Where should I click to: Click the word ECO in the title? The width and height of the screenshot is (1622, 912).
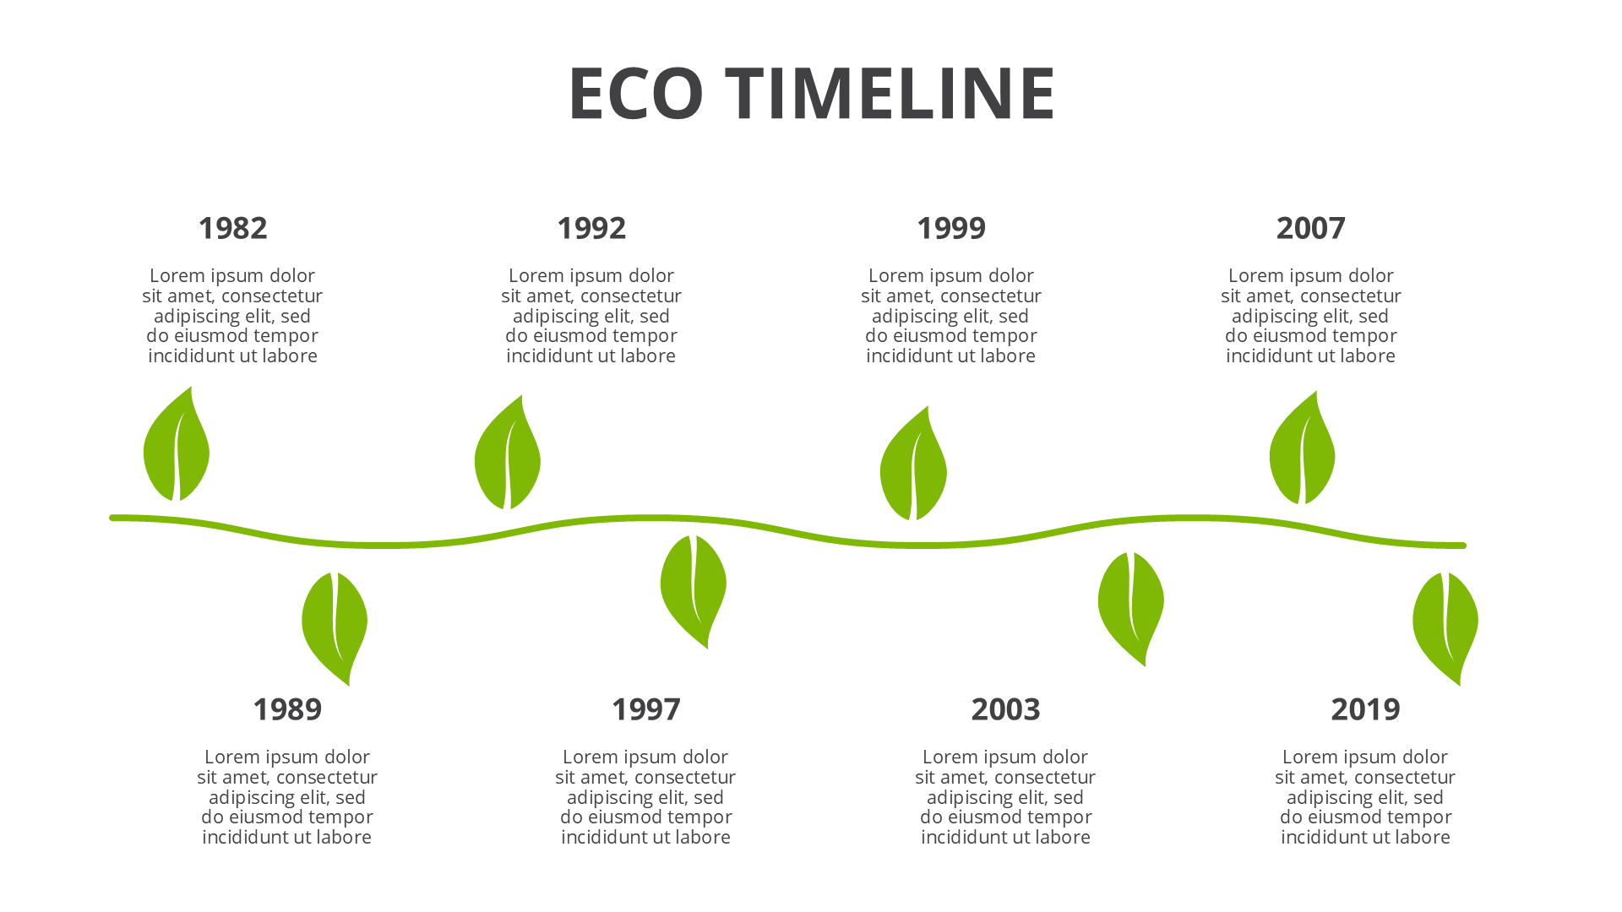pos(636,93)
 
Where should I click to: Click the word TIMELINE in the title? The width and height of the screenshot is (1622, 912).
pos(890,93)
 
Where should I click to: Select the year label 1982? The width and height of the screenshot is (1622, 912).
pos(232,228)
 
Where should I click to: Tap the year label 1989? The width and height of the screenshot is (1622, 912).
pos(287,709)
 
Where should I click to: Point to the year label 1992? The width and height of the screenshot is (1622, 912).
pos(591,228)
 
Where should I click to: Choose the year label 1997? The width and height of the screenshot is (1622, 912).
pos(645,709)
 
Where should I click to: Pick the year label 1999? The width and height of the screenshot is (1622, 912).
pos(951,228)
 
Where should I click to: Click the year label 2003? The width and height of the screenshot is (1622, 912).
pos(1005,709)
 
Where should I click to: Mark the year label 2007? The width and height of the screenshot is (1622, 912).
pos(1310,228)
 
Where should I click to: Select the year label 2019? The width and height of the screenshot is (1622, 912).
pos(1365,709)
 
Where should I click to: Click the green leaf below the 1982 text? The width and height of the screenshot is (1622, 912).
pos(177,448)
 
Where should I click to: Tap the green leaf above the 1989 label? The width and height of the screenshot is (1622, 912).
pos(335,625)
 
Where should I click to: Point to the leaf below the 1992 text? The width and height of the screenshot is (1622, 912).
pos(507,456)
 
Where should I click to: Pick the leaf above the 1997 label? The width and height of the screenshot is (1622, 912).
pos(694,588)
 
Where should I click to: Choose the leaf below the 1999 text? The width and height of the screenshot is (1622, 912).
pos(913,467)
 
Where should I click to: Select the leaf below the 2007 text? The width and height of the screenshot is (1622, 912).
pos(1302,452)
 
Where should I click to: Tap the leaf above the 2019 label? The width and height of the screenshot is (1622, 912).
pos(1445,625)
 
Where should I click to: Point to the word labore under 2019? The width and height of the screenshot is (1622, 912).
pos(1423,838)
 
